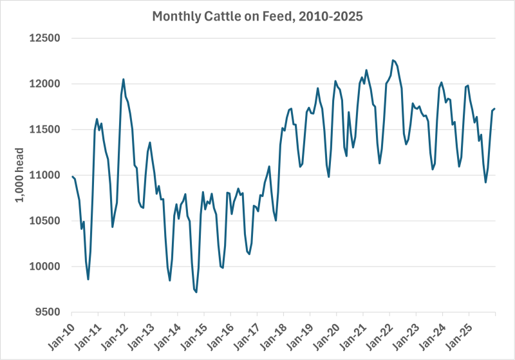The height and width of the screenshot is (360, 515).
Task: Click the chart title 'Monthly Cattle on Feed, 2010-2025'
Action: [x=257, y=16]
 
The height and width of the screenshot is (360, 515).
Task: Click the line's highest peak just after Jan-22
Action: [x=393, y=60]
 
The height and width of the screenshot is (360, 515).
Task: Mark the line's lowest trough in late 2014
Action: [x=196, y=292]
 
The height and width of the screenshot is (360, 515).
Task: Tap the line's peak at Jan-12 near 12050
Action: [x=124, y=79]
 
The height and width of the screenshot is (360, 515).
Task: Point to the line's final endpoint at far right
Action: [x=494, y=109]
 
